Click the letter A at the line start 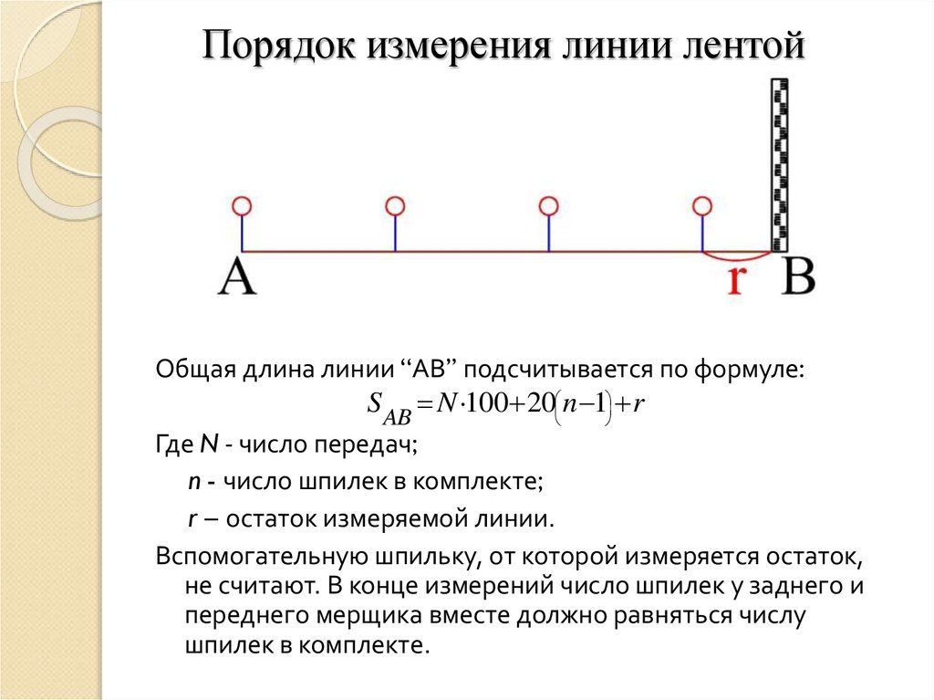237,277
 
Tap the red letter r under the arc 736,280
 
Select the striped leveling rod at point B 779,164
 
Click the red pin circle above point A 242,206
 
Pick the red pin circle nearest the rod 701,206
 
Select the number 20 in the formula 539,404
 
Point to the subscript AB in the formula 396,416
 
